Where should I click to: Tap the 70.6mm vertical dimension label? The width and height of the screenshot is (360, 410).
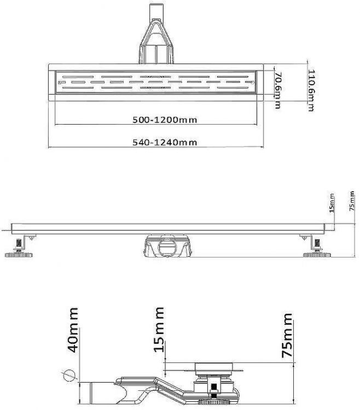pyautogui.click(x=278, y=90)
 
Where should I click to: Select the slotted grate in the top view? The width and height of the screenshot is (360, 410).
pyautogui.click(x=156, y=81)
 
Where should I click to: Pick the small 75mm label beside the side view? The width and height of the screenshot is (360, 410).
pyautogui.click(x=352, y=200)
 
